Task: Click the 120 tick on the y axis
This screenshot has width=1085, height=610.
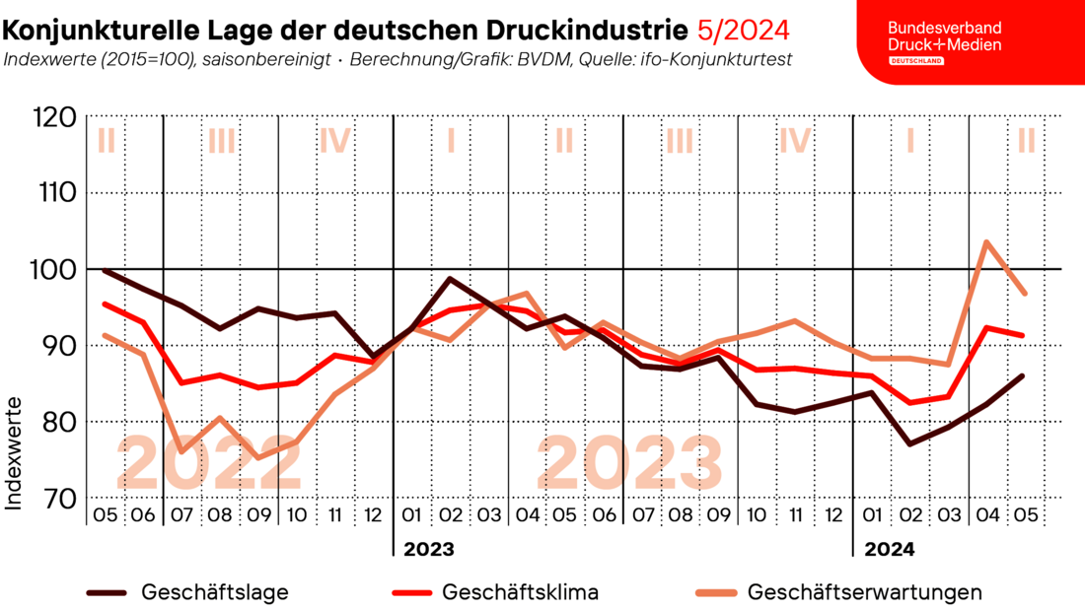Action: (65, 117)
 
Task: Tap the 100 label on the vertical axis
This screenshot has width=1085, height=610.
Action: (65, 269)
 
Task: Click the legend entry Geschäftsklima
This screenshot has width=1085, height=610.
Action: (520, 592)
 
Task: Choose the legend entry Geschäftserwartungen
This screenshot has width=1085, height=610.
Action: (864, 592)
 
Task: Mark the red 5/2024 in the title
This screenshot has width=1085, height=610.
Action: (743, 28)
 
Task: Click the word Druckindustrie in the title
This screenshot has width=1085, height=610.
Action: (582, 28)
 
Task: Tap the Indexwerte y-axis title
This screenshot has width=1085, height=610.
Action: (14, 453)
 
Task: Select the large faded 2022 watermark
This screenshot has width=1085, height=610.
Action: (209, 463)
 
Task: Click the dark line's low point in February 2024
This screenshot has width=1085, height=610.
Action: (909, 443)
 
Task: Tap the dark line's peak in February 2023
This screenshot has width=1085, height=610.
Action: (450, 279)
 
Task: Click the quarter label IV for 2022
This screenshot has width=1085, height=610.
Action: (335, 141)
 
